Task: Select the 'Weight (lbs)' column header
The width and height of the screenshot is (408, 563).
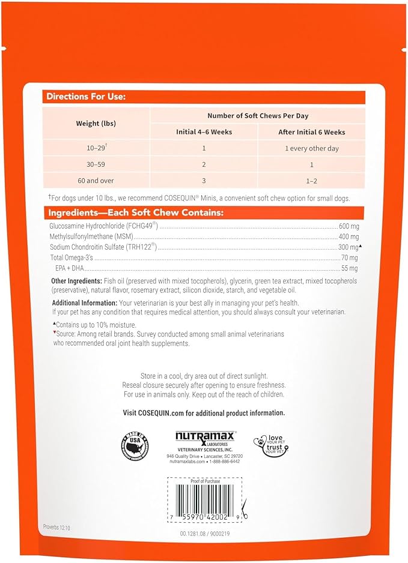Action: tap(96, 123)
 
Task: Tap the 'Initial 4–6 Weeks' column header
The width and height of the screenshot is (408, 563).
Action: tap(204, 132)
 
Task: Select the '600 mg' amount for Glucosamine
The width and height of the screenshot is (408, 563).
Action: tap(349, 226)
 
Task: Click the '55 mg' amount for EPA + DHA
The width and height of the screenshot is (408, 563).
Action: tap(349, 268)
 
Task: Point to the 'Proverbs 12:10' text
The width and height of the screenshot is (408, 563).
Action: tap(58, 526)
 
